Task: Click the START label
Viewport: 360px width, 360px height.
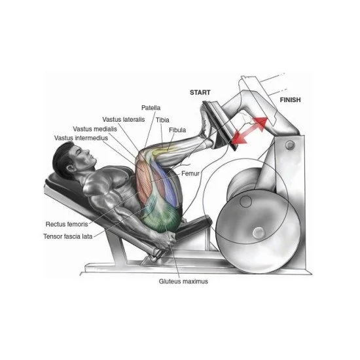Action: pyautogui.click(x=200, y=92)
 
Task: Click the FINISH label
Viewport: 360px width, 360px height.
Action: pyautogui.click(x=290, y=100)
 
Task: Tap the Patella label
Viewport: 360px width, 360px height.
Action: pyautogui.click(x=151, y=108)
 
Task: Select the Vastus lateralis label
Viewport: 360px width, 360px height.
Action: pyautogui.click(x=124, y=120)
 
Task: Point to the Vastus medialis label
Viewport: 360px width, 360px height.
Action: pyautogui.click(x=95, y=129)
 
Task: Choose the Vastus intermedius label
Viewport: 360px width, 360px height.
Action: pyautogui.click(x=81, y=138)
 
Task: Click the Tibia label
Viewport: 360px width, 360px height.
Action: pyautogui.click(x=162, y=120)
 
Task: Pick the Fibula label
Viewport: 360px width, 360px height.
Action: pyautogui.click(x=177, y=130)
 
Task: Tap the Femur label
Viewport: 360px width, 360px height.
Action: pyautogui.click(x=190, y=173)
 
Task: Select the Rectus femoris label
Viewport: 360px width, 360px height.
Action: pyautogui.click(x=67, y=224)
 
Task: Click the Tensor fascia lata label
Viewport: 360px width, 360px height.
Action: pyautogui.click(x=68, y=236)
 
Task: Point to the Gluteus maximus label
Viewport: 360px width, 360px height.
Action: pyautogui.click(x=183, y=281)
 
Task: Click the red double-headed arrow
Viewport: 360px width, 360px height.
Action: pyautogui.click(x=249, y=130)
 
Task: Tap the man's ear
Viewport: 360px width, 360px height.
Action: pyautogui.click(x=70, y=168)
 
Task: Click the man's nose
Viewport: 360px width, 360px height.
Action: pyautogui.click(x=88, y=152)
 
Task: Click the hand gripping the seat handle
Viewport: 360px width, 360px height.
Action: pyautogui.click(x=170, y=239)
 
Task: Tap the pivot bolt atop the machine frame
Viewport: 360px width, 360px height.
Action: pyautogui.click(x=290, y=145)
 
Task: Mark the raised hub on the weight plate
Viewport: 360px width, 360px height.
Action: pyautogui.click(x=259, y=232)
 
